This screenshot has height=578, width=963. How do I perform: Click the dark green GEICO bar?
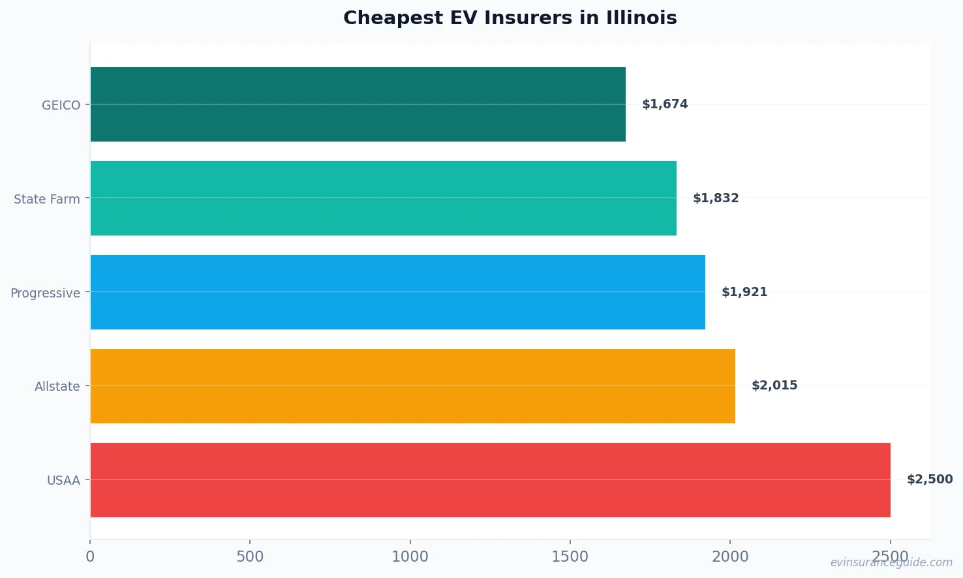pos(358,104)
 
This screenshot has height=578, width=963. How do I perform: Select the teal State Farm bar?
pos(383,198)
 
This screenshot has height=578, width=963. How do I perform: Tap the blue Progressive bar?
pos(397,292)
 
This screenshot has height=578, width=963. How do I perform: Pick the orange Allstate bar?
pos(412,386)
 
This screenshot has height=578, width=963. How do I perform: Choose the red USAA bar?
pos(490,480)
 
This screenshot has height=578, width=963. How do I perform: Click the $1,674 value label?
pos(665,104)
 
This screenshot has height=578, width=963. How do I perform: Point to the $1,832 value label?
pos(716,198)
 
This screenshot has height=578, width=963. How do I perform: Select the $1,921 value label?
pos(744,292)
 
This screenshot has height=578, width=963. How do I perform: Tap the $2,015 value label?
pos(774,386)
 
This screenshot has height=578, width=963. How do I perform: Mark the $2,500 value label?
pos(930,479)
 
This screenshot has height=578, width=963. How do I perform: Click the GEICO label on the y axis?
pos(61,105)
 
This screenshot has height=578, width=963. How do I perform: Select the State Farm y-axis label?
pos(47,199)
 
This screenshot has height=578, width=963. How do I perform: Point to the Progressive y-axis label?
pos(45,293)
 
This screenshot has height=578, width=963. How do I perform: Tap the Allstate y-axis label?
pos(57,387)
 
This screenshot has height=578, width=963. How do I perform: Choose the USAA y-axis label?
pos(63,481)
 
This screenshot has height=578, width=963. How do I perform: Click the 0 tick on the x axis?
pos(90,556)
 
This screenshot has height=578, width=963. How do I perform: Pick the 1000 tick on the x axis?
pos(410,556)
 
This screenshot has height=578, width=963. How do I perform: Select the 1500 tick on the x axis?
pos(570,556)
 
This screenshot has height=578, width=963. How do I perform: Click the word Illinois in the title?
pos(641,18)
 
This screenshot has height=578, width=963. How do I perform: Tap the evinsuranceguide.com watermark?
pos(891,562)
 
